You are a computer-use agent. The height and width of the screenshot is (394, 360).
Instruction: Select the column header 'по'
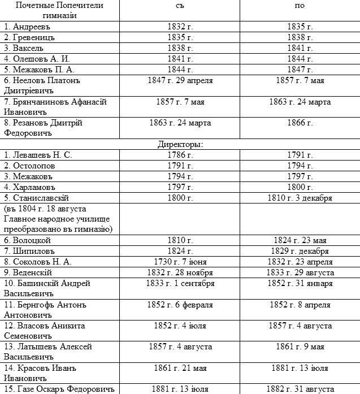click(301, 6)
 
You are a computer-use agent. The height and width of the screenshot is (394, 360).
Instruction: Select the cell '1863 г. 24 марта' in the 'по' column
click(301, 102)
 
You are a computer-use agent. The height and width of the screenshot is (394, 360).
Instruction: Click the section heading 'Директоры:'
click(181, 145)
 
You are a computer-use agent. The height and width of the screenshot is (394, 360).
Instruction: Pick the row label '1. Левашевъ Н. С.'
click(38, 155)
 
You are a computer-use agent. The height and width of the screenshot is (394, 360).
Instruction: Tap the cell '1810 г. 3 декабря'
click(301, 198)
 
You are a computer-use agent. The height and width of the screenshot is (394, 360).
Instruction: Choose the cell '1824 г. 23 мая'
click(301, 240)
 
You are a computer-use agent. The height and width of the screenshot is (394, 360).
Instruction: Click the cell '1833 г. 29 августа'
click(301, 272)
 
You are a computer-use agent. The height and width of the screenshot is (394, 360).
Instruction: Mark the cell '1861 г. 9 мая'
click(301, 347)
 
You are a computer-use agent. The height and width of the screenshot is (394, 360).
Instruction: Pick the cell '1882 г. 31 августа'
click(301, 389)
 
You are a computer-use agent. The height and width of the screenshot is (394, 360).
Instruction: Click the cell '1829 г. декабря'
click(301, 251)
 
